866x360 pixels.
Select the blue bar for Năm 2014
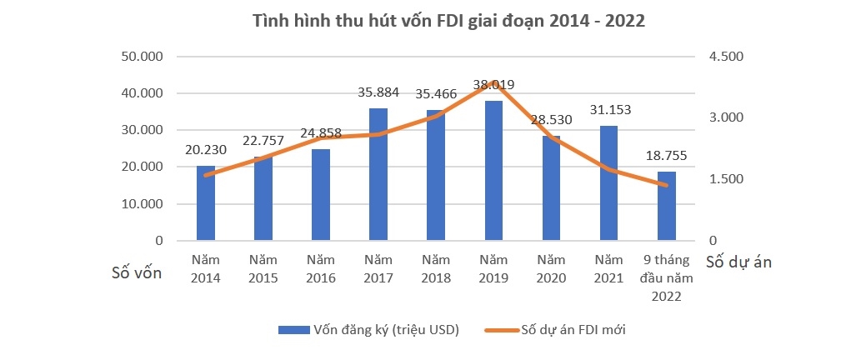(x=205, y=203)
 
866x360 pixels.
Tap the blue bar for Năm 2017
(x=378, y=174)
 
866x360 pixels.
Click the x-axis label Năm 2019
(x=493, y=268)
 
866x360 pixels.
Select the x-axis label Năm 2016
(x=320, y=268)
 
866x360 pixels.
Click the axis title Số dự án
(x=738, y=262)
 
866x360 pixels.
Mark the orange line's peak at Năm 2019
(x=494, y=82)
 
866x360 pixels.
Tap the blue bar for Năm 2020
(x=552, y=187)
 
